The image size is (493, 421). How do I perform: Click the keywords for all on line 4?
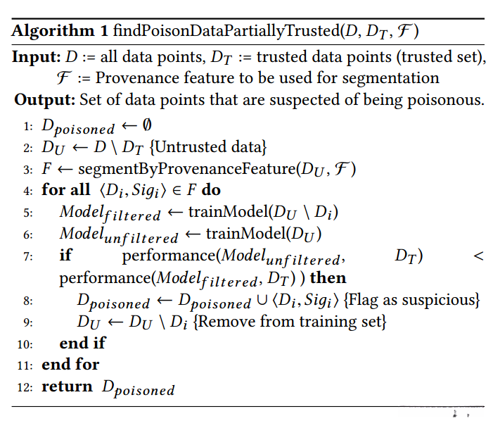[67, 190]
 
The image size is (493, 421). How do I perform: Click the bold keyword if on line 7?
[65, 256]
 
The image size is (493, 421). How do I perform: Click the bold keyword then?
[328, 277]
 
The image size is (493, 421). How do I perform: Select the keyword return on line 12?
[67, 387]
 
